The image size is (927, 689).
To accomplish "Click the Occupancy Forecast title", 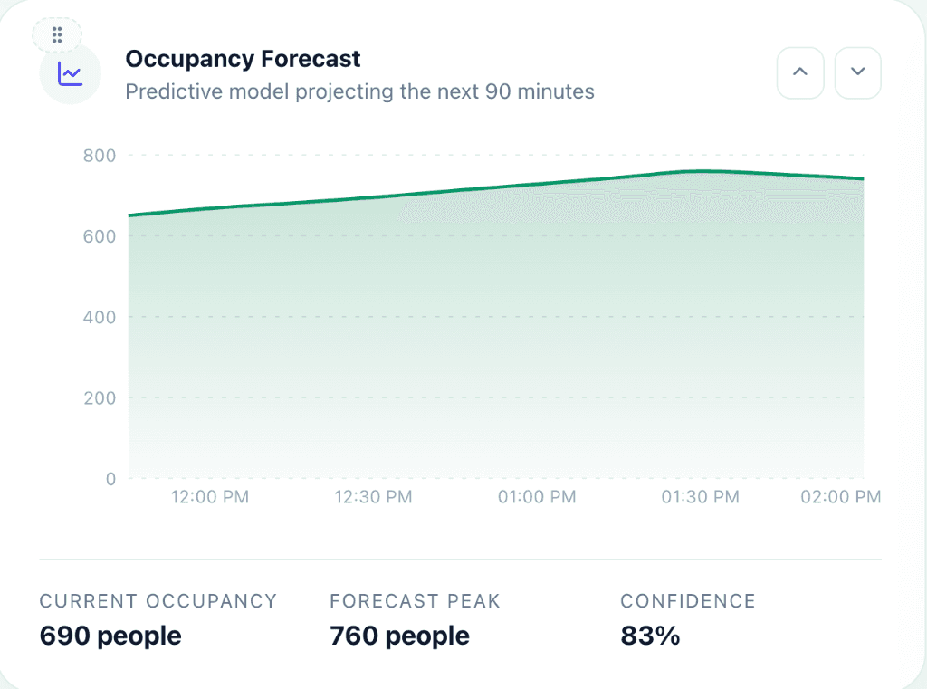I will coord(243,60).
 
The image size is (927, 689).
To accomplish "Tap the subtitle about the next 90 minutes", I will coord(359,91).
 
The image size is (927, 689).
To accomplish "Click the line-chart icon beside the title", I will coord(70,74).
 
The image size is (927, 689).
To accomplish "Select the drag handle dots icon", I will coord(57,35).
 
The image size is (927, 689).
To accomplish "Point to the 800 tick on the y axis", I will coord(100,156).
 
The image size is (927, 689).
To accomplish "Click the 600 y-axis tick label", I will coord(100,236).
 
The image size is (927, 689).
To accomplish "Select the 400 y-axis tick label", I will coord(100,317).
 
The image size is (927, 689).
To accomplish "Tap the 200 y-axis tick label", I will coord(100,397).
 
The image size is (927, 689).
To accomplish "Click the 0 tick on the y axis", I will coord(110,479).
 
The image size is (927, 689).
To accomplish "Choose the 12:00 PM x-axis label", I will coord(209,497).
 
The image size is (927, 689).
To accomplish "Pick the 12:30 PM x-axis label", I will coord(373,497).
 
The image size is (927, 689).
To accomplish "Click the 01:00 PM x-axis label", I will coord(537,497).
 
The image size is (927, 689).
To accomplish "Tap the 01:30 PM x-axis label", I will coord(700,497).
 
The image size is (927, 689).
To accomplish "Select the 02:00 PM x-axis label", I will coord(841,497).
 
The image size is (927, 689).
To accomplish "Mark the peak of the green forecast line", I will coord(702,171).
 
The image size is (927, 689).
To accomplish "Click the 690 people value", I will coord(110,636).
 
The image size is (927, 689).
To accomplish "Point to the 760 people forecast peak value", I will coord(399,636).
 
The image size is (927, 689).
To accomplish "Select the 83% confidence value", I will coord(650,636).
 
